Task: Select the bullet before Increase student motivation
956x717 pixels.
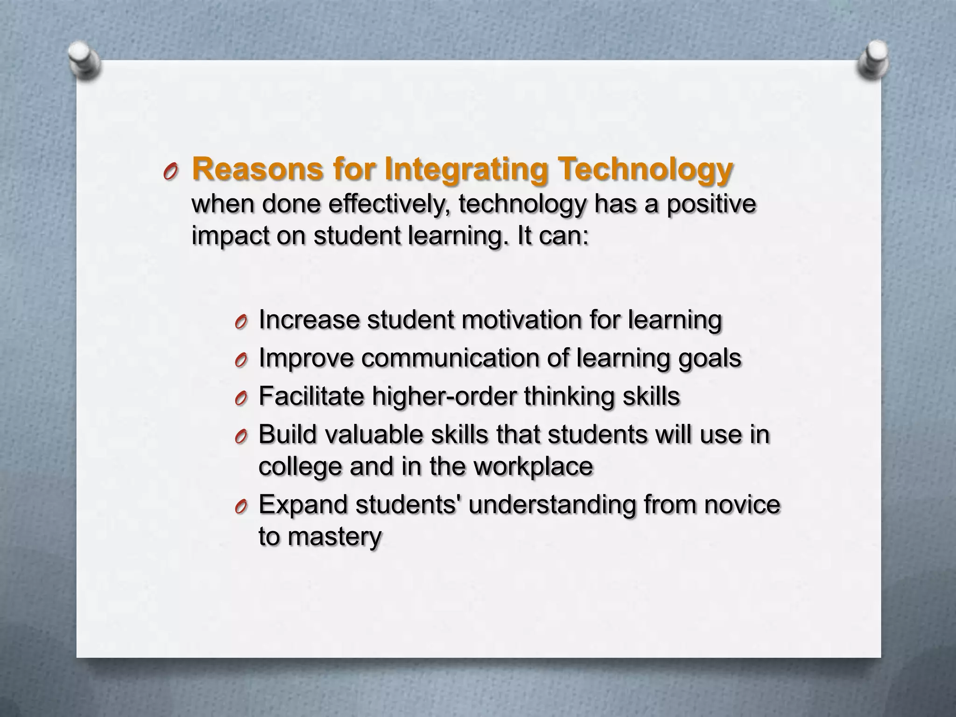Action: point(241,322)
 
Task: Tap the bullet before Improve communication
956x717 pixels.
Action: point(241,360)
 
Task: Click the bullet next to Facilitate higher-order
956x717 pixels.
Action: point(241,399)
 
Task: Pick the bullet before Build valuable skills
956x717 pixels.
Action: point(241,437)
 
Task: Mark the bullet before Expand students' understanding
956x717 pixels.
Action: point(241,507)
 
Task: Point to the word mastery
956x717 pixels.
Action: point(335,537)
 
